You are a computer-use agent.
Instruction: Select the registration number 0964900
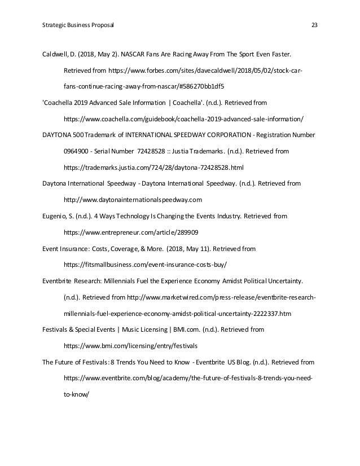tap(77, 152)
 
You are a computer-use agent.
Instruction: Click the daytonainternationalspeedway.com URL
tap(133, 200)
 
